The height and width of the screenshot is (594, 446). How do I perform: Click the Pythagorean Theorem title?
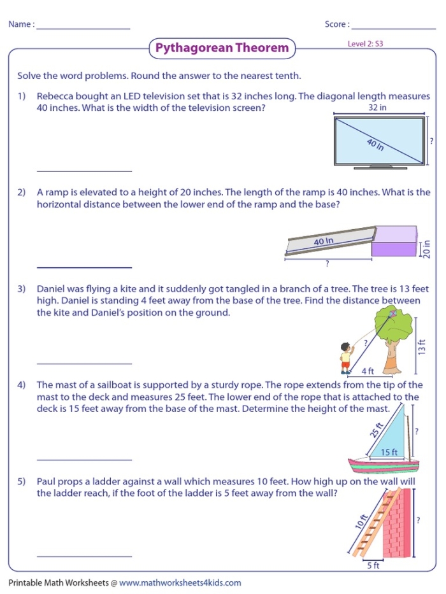click(222, 48)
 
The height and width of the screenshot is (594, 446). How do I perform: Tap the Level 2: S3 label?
click(365, 45)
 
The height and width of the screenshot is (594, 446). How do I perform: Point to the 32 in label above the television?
click(378, 108)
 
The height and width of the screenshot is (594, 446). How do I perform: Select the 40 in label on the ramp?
click(324, 241)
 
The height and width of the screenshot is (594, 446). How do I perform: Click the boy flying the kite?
click(345, 359)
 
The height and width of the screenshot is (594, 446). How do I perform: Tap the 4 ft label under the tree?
click(368, 371)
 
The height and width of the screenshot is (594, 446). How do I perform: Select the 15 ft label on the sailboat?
click(389, 452)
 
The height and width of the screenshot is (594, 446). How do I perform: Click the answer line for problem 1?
click(84, 171)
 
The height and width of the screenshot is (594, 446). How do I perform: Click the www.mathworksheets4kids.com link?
click(180, 583)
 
